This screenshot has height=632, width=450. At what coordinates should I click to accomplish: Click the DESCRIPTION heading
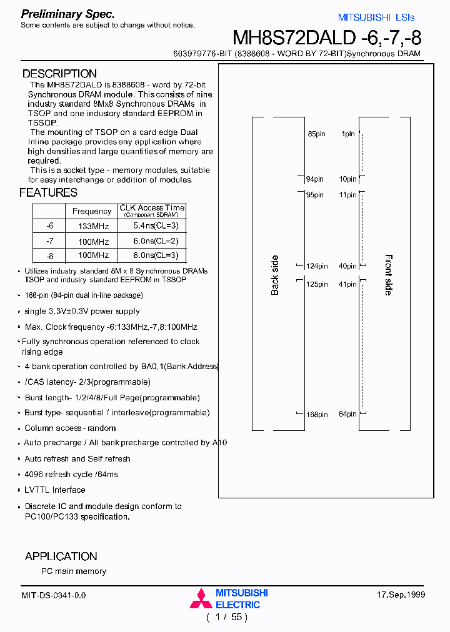(59, 74)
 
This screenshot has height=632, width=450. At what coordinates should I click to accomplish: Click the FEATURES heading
(48, 192)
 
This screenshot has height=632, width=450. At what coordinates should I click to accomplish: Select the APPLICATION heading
(61, 556)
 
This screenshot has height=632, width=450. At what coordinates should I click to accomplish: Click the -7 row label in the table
(50, 241)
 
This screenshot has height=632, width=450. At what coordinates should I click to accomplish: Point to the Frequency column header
(92, 211)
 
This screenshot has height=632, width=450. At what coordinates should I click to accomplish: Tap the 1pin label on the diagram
(348, 134)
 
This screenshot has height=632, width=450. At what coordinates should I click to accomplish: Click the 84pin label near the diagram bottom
(347, 414)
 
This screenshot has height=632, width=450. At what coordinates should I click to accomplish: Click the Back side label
(275, 275)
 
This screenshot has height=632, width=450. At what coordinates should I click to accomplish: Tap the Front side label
(388, 275)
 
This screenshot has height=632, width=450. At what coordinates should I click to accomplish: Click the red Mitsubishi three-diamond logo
(201, 599)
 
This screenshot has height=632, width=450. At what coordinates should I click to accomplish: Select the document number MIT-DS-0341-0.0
(54, 596)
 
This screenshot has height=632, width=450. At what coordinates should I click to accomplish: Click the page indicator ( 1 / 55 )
(227, 618)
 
